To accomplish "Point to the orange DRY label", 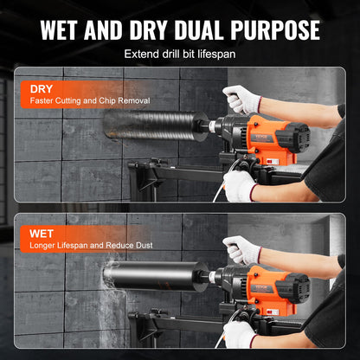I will [x=41, y=89].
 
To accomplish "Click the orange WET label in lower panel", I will [x=41, y=233].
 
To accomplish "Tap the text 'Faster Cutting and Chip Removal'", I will [x=90, y=101].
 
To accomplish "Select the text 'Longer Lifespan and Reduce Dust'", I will [x=90, y=245].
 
